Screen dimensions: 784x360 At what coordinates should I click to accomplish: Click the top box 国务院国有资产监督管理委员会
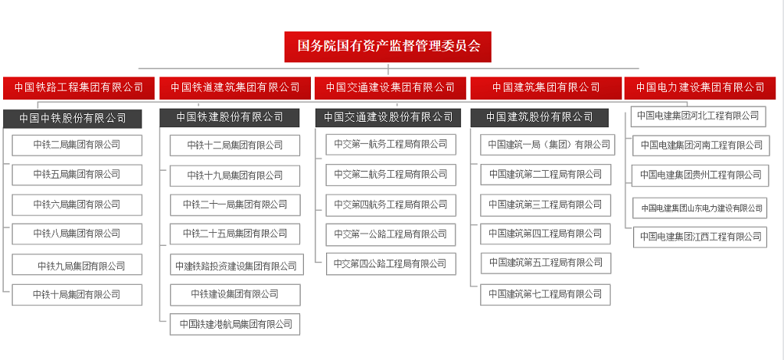387,47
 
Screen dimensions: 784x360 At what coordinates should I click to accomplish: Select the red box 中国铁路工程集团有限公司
79,87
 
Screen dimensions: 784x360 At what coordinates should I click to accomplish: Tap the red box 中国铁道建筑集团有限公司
234,87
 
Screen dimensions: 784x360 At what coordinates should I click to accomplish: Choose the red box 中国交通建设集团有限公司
390,87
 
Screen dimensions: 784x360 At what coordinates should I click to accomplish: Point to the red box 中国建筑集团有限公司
546,87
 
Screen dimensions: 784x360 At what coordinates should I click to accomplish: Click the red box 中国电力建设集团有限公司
700,87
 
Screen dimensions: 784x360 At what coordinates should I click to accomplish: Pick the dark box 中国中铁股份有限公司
73,119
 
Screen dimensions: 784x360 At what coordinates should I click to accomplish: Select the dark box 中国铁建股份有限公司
230,117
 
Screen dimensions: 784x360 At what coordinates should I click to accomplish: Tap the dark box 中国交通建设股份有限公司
388,117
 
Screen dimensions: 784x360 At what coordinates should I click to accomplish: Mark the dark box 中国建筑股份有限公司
540,117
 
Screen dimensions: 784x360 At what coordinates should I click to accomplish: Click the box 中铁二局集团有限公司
77,145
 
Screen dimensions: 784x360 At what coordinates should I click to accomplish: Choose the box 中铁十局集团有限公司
77,294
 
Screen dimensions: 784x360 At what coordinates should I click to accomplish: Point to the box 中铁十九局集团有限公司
235,175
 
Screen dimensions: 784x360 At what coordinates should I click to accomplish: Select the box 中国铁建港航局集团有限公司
235,324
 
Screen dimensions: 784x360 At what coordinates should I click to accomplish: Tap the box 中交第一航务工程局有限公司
391,145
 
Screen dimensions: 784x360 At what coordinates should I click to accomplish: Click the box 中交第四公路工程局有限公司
391,263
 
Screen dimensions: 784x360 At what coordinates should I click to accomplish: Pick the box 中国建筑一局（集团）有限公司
547,145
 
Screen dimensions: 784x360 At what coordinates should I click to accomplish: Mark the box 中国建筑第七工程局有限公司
545,294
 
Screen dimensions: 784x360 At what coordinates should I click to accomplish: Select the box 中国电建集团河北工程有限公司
698,116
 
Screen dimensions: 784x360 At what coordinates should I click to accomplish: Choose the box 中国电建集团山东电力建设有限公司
700,208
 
